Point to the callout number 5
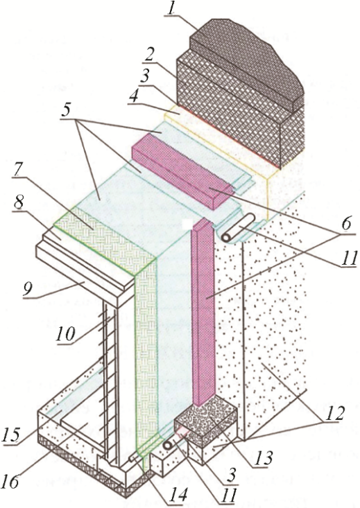click(x=66, y=110)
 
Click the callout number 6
click(x=345, y=225)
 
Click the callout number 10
click(x=66, y=334)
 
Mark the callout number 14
click(x=177, y=495)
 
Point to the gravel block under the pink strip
click(x=206, y=421)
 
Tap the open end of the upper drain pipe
click(x=226, y=238)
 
